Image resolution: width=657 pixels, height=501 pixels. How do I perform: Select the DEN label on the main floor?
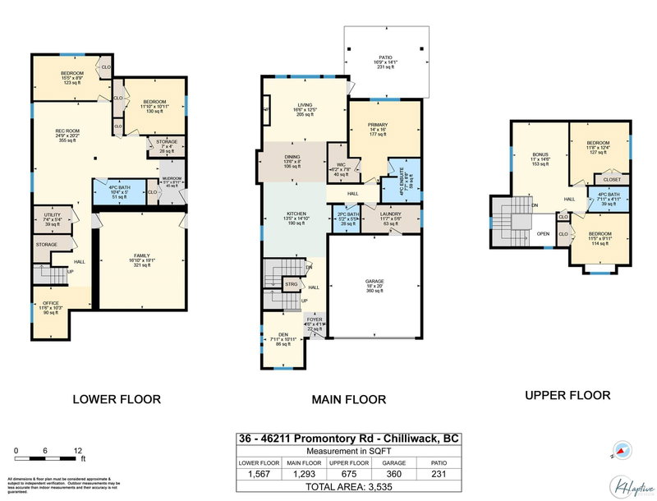pyautogui.click(x=283, y=334)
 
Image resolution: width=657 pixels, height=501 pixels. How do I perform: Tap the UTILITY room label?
pyautogui.click(x=52, y=218)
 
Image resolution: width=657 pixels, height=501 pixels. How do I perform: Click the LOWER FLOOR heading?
pyautogui.click(x=117, y=400)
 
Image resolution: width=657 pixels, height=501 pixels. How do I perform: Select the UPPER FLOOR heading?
pyautogui.click(x=567, y=395)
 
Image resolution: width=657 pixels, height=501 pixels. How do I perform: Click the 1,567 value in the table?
pyautogui.click(x=259, y=474)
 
